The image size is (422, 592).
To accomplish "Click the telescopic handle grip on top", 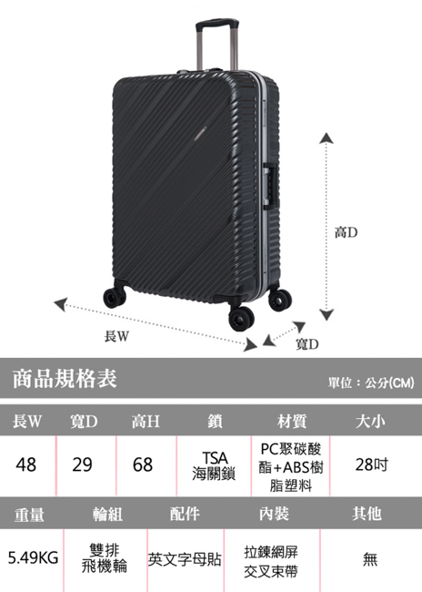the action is click(216, 23).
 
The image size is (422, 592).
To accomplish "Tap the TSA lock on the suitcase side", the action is click(271, 186).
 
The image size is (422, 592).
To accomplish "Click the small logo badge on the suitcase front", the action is click(200, 133).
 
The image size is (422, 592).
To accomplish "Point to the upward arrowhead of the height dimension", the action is click(327, 138).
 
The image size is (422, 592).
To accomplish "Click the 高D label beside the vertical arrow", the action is click(346, 232).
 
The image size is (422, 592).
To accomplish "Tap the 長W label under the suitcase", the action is click(116, 335).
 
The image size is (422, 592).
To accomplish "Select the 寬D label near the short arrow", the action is click(307, 344).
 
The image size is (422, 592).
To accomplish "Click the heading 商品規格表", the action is click(65, 378).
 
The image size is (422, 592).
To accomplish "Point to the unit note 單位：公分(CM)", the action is click(371, 383).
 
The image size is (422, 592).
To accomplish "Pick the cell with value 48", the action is click(26, 464).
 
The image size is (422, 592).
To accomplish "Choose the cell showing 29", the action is click(82, 464).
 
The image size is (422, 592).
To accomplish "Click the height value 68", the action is click(143, 464).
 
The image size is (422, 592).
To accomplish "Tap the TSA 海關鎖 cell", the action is click(214, 465).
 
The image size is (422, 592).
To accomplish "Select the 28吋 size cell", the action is click(371, 464).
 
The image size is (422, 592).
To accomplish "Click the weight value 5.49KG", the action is click(33, 557).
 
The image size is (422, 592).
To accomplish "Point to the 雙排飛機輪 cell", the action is click(105, 558).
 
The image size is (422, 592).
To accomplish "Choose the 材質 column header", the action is click(292, 421).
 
